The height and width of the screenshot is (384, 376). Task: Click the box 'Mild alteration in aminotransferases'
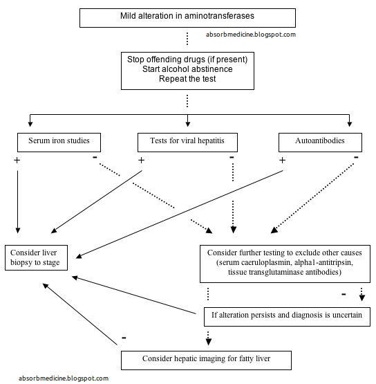(x=187, y=17)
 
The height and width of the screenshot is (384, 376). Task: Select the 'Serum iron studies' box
(x=59, y=143)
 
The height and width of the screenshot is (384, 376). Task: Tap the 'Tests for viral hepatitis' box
(x=187, y=143)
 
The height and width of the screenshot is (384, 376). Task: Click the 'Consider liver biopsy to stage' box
(x=37, y=257)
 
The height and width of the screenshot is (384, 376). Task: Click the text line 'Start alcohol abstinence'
(x=187, y=69)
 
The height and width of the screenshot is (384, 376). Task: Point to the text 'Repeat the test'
(x=187, y=80)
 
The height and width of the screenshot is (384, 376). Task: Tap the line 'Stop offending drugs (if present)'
(x=187, y=59)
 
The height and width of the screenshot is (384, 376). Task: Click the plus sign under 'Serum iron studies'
(x=17, y=160)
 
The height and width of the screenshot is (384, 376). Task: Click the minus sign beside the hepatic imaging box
(x=124, y=338)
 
